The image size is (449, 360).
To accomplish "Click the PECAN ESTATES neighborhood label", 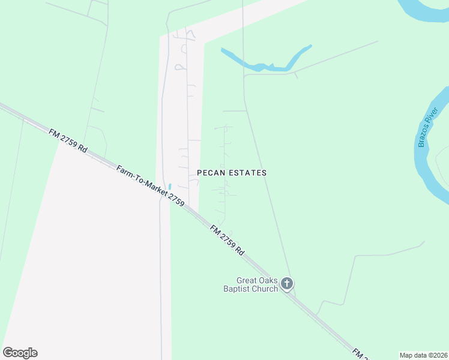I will click(x=232, y=173).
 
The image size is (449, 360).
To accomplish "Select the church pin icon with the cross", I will click(x=287, y=283).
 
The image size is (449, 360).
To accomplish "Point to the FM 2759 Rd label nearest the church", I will click(x=228, y=239).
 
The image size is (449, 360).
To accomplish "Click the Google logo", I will click(x=20, y=353).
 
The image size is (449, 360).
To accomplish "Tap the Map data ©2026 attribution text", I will click(x=423, y=355).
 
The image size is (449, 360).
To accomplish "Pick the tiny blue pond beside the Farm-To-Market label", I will click(x=170, y=187).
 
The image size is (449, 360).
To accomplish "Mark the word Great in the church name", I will click(x=247, y=280).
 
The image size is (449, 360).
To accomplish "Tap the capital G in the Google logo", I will click(x=8, y=352).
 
